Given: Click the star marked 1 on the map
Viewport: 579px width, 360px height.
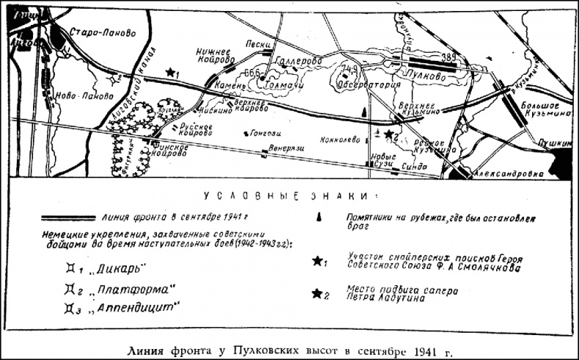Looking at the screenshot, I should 171,72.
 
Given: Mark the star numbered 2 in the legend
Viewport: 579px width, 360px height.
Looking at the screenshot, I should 317,294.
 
